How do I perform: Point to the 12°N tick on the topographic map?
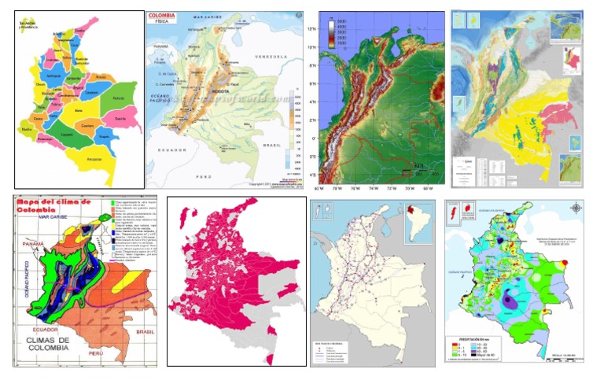tap(312, 28)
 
